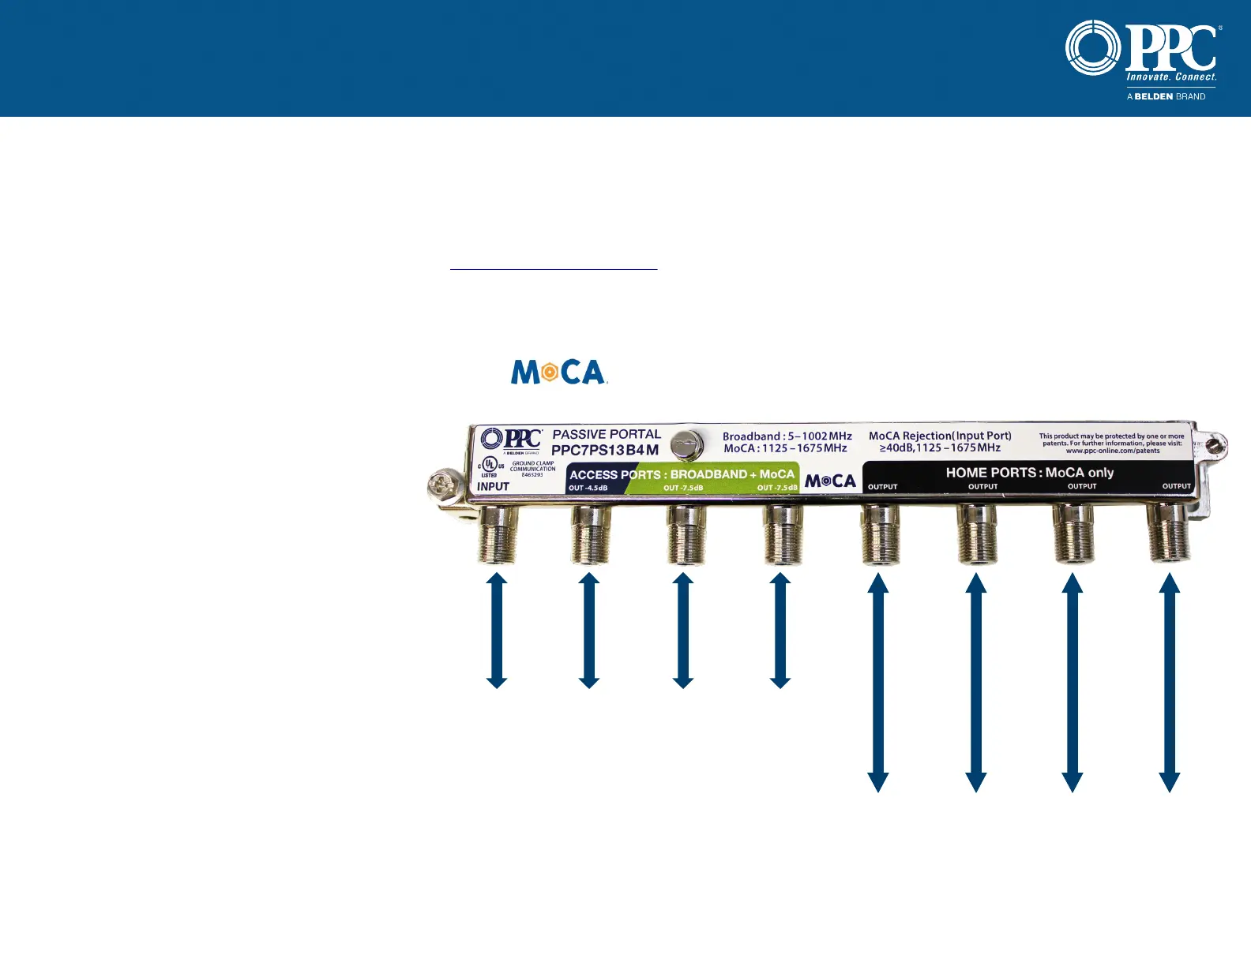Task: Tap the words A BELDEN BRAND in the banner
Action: [1166, 96]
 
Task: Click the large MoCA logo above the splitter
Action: [558, 372]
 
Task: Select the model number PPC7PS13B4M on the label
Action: [604, 450]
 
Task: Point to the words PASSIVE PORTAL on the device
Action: [606, 434]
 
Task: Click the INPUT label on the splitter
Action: [493, 486]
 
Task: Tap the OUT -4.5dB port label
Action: [588, 488]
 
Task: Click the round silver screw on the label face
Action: [687, 444]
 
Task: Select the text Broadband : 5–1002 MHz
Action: [787, 436]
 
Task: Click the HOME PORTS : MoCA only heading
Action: [1029, 472]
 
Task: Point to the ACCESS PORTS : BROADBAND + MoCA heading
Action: [682, 474]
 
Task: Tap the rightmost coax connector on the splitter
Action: [1169, 534]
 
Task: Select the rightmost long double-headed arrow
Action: [1169, 682]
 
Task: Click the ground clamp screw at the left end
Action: [441, 485]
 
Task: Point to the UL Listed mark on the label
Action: [490, 466]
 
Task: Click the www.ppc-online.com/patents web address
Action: [1112, 451]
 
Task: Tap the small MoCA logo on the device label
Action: [830, 481]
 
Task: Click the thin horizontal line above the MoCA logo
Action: [554, 270]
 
